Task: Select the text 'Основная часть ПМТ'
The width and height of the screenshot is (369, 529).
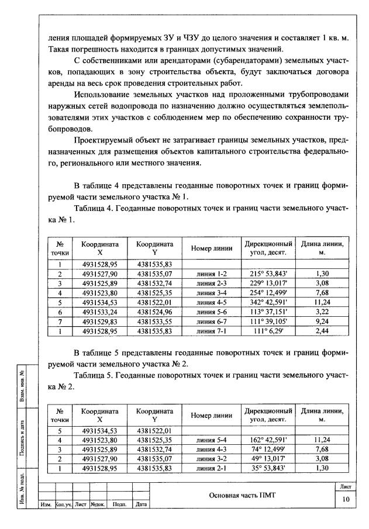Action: (x=242, y=495)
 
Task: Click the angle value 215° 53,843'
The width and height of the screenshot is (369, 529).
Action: (x=268, y=273)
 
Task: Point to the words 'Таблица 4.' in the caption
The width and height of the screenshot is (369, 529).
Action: (x=95, y=208)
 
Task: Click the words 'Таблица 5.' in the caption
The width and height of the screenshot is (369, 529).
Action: (x=95, y=374)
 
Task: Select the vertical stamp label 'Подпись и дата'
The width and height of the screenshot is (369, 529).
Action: (x=22, y=435)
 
